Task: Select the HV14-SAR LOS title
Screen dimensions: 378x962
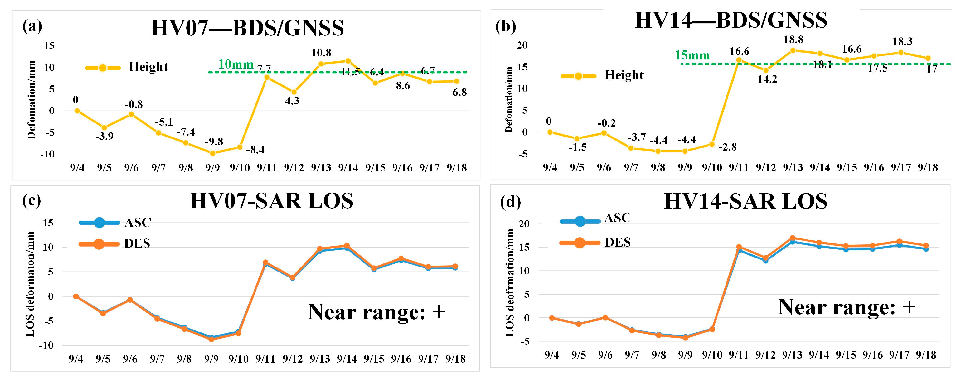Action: pos(746,202)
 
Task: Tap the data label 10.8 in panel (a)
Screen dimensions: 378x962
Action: pos(321,53)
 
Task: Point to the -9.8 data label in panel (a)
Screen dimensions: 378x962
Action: pos(214,142)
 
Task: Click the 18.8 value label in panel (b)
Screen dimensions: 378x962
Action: pos(793,39)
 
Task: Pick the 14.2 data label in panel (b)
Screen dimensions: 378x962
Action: pos(767,79)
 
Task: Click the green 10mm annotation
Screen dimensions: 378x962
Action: pos(236,65)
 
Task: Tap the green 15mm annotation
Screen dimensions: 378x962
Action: pos(692,55)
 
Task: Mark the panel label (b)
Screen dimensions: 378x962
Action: pos(505,27)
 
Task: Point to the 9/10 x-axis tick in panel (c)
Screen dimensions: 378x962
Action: pos(238,359)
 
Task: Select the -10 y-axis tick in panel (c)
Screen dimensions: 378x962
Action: pos(47,345)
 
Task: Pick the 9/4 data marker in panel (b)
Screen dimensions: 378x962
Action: pos(550,132)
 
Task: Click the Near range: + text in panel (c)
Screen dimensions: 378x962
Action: pos(376,312)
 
